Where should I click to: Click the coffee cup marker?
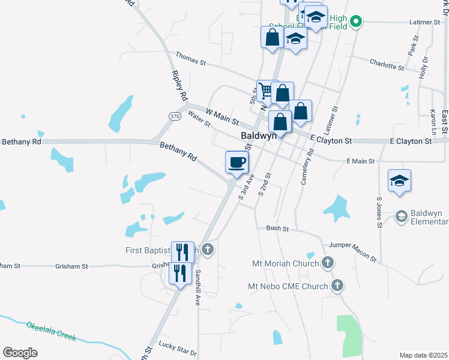tap(237, 161)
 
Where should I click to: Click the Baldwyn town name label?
tap(258, 136)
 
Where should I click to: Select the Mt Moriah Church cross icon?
tap(328, 262)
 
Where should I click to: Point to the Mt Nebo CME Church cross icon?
tap(338, 286)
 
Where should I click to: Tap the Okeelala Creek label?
tap(51, 331)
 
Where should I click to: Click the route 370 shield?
tap(175, 116)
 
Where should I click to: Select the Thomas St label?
tap(190, 59)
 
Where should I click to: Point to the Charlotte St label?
tap(387, 64)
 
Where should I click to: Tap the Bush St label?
tap(277, 229)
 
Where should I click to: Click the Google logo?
tap(20, 353)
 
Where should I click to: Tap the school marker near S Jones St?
tap(400, 180)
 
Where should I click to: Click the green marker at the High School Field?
tap(356, 23)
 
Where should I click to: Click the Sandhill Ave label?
tap(197, 284)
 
